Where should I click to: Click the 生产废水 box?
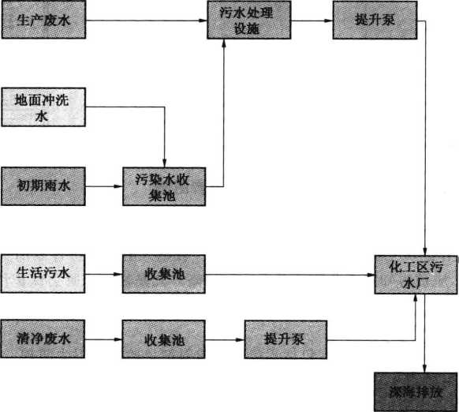pos(43,20)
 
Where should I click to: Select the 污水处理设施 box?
pos(248,20)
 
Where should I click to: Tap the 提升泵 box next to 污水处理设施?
pos(375,20)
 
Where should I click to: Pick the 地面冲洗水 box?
pos(43,107)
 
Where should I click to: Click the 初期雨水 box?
pos(43,186)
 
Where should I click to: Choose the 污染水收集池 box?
pos(164,186)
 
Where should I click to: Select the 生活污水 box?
pos(43,274)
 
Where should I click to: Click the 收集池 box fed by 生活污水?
pos(164,275)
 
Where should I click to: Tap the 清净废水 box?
pos(43,339)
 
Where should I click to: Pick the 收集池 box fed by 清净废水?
pos(163,339)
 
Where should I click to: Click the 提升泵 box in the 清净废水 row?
pos(285,340)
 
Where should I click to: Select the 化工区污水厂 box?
pos(416,275)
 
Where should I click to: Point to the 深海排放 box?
pos(416,392)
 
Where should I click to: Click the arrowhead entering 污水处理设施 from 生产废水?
pos(203,21)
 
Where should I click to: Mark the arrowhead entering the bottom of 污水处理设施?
pos(224,43)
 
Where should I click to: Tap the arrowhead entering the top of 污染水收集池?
pos(165,163)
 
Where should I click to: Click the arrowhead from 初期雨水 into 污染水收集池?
pos(118,186)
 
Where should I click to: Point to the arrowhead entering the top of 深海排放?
pos(425,369)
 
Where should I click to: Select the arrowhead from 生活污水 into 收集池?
pos(118,275)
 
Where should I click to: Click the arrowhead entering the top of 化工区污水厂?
pos(425,251)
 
